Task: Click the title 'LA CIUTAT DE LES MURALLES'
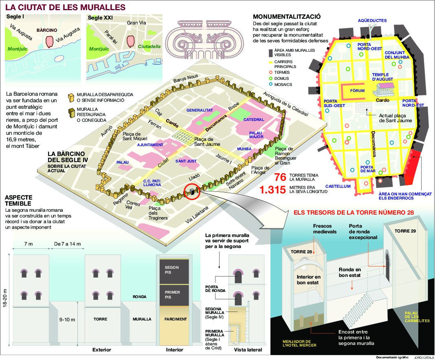(65, 7)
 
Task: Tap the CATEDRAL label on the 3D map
(254, 120)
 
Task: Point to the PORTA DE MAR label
(367, 169)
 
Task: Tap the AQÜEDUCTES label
(372, 20)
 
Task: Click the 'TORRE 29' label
(404, 231)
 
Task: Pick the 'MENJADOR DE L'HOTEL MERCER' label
(299, 343)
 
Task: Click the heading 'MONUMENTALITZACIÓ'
(287, 17)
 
